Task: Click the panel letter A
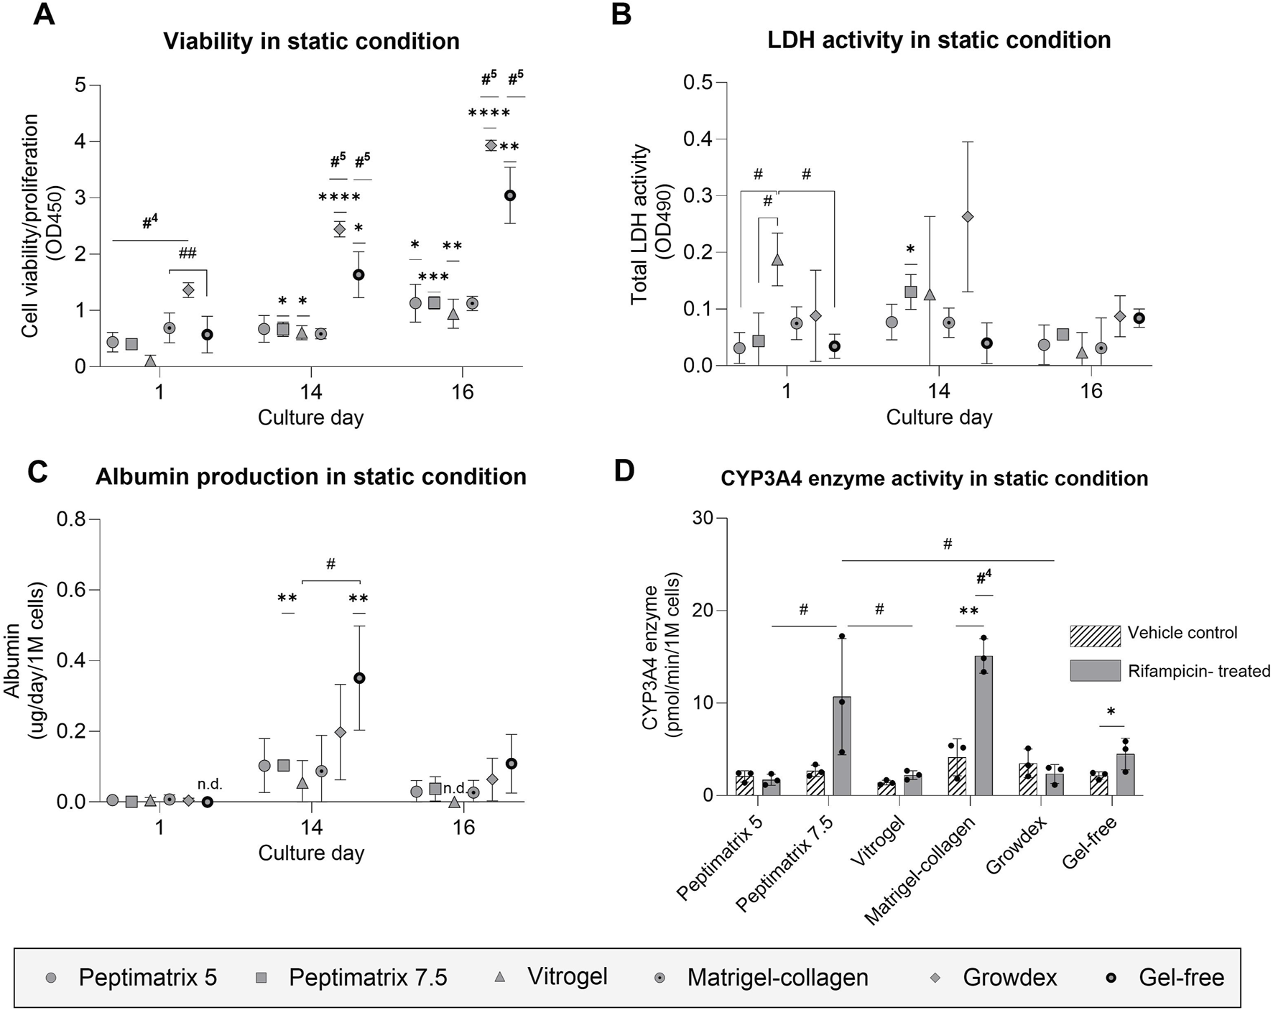click(44, 14)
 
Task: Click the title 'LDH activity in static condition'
click(939, 40)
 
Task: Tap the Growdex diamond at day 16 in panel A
click(491, 145)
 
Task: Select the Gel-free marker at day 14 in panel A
click(358, 274)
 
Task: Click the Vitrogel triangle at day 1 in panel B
click(777, 259)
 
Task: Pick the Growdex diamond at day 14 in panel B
click(968, 216)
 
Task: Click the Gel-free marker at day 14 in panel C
click(359, 677)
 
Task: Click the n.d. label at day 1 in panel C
click(210, 784)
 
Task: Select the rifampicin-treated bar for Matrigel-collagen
click(983, 726)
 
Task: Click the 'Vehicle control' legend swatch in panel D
click(1095, 636)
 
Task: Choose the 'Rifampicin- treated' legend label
click(1198, 671)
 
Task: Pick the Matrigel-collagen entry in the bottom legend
click(777, 977)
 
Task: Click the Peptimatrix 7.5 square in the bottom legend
click(261, 978)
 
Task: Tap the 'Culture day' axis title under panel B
click(939, 417)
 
